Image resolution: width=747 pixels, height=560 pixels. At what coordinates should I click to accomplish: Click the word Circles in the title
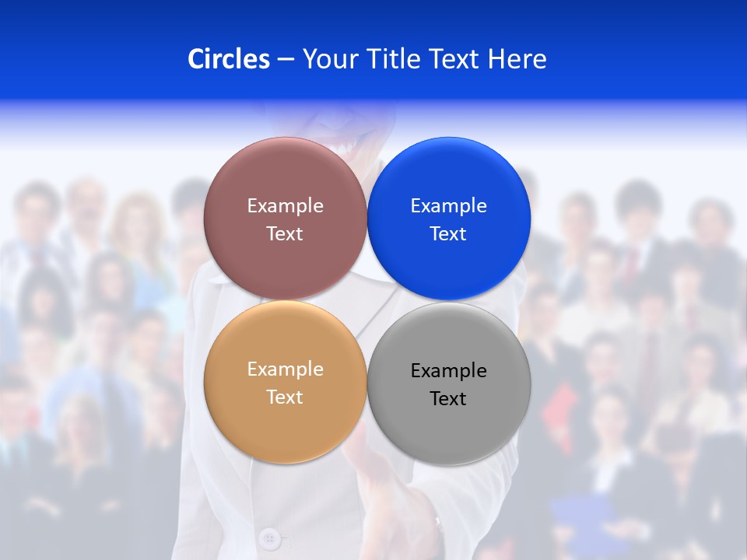pyautogui.click(x=228, y=59)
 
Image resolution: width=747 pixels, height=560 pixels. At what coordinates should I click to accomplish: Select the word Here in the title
pyautogui.click(x=517, y=59)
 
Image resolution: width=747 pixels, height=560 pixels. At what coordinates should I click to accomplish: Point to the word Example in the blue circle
pyautogui.click(x=449, y=206)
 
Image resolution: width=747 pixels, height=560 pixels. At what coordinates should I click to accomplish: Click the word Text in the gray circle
pyautogui.click(x=448, y=399)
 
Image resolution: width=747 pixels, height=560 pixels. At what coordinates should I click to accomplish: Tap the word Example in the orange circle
pyautogui.click(x=285, y=369)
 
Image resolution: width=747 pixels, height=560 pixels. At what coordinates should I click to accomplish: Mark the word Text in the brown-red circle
pyautogui.click(x=285, y=234)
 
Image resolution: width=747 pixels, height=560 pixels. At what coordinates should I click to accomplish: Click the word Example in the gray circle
pyautogui.click(x=449, y=371)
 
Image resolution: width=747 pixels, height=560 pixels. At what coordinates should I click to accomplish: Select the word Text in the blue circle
pyautogui.click(x=448, y=234)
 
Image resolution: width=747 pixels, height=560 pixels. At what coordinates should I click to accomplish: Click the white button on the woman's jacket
pyautogui.click(x=269, y=537)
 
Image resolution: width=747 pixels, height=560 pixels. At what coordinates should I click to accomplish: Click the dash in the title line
pyautogui.click(x=285, y=60)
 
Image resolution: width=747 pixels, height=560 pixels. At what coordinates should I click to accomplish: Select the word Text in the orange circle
pyautogui.click(x=285, y=397)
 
